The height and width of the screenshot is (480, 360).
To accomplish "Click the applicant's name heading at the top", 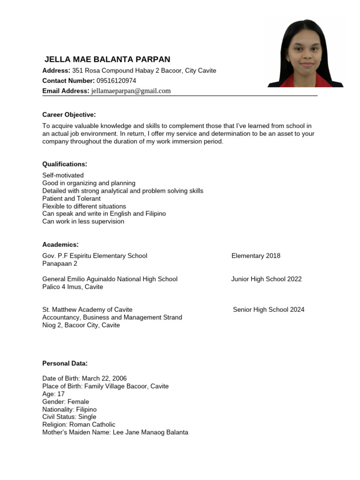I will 107,60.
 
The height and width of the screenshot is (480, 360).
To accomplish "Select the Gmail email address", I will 131,91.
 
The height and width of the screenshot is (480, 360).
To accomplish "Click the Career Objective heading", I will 69,114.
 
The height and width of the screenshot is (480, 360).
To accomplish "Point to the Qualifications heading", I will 65,164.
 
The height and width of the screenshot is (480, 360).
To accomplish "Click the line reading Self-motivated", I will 63,175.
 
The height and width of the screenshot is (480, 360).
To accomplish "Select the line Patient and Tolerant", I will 71,198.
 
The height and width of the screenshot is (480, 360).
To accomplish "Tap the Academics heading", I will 60,245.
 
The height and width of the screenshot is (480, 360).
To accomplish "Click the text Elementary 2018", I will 255,255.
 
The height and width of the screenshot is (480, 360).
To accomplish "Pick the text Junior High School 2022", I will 266,279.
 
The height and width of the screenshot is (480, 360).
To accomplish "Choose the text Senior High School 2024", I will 269,309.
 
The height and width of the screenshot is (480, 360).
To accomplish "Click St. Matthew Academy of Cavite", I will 87,309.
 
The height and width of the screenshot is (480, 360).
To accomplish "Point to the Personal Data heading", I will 65,363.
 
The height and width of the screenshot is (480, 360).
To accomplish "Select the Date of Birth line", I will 84,378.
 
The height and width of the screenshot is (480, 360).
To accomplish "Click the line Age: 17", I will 53,394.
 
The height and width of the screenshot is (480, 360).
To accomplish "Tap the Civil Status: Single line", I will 69,417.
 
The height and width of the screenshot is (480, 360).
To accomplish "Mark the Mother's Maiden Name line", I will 115,432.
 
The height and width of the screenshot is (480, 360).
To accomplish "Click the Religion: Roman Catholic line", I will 79,424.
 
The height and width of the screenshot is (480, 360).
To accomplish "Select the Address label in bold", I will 56,70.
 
